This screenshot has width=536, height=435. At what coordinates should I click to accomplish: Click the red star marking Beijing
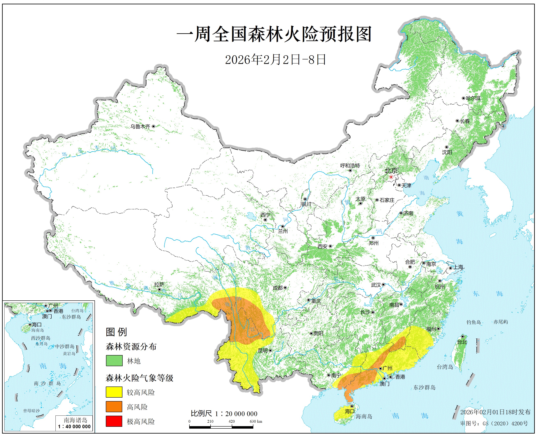tap(391, 177)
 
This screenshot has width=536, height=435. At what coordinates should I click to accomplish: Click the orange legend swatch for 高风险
tap(114, 406)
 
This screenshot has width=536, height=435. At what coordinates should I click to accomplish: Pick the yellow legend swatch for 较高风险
tap(114, 392)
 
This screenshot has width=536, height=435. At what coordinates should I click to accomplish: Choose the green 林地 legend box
tap(114, 361)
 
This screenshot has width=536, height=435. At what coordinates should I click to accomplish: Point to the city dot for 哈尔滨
tap(463, 98)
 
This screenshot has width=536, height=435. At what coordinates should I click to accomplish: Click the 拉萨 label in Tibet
tap(159, 284)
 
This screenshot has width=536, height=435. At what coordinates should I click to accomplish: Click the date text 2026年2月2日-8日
tap(275, 60)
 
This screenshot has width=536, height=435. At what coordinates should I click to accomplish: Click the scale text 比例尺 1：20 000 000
tap(224, 413)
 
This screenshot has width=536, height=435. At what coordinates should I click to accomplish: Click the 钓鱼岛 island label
tap(473, 322)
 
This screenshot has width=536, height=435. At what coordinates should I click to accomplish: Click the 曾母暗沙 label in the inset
tap(32, 411)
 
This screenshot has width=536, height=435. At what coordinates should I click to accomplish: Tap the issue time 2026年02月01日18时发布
tap(495, 412)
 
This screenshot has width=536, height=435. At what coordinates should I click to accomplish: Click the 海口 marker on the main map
tap(352, 406)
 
